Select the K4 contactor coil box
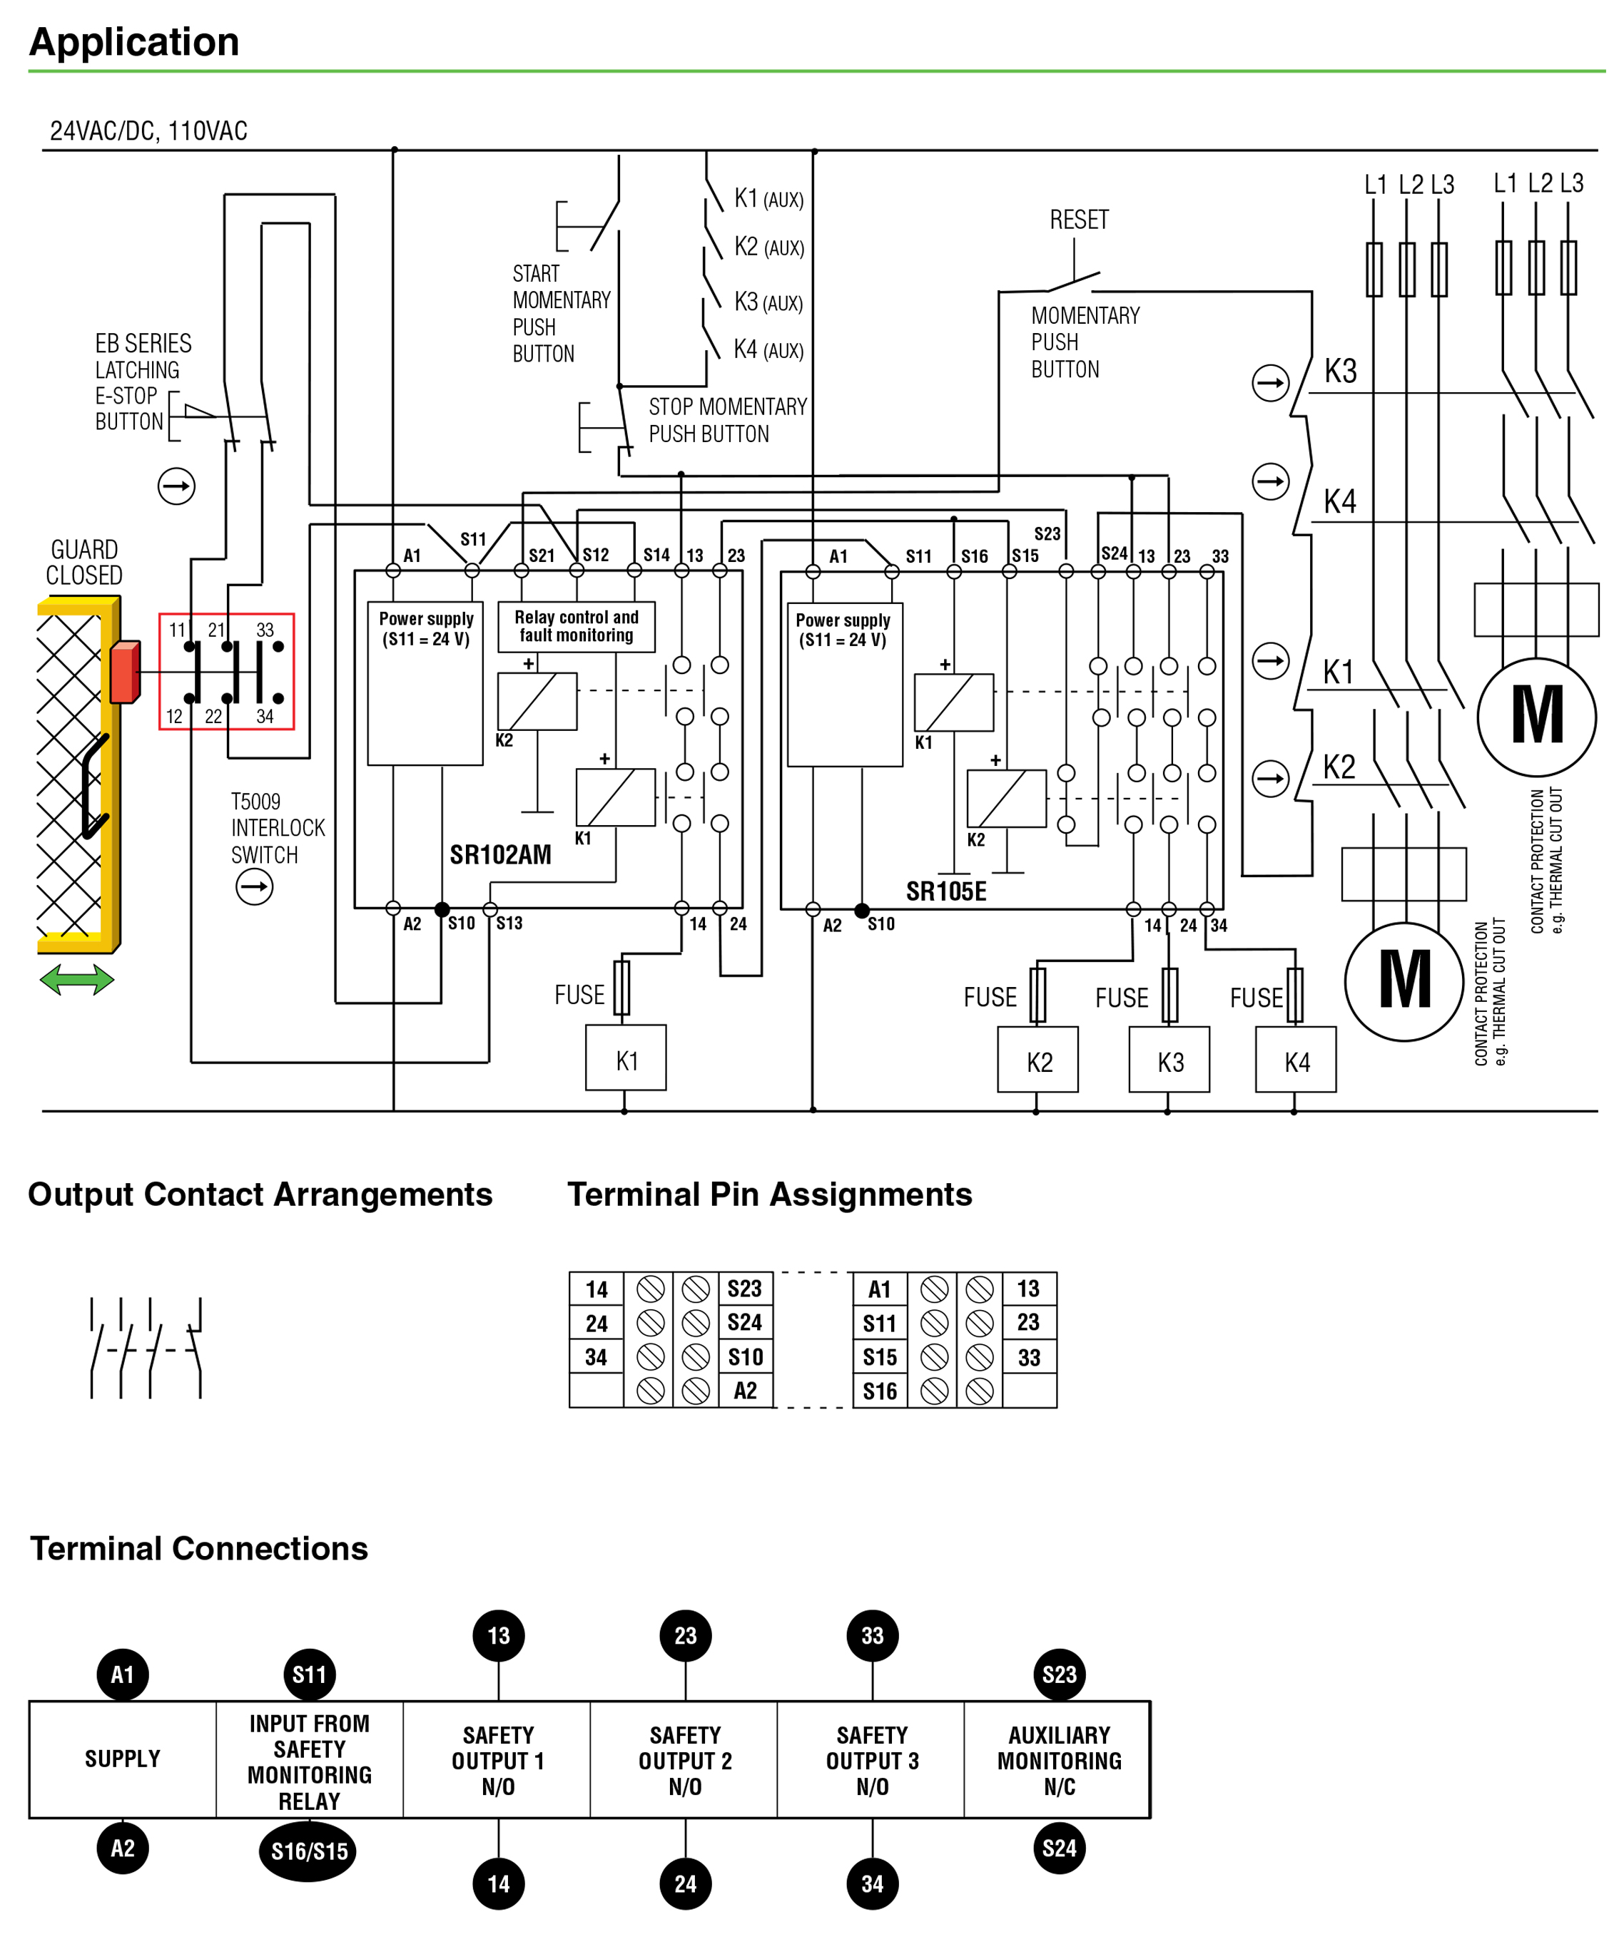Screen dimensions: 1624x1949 click(x=1296, y=1059)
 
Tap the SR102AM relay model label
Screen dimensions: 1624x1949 click(x=500, y=855)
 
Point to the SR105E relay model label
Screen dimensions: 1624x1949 click(x=946, y=892)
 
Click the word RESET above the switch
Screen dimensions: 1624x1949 click(x=1079, y=220)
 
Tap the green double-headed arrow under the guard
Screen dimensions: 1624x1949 click(x=77, y=979)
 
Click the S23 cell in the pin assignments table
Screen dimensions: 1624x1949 click(x=745, y=1288)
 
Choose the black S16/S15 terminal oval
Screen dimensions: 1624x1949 click(x=308, y=1851)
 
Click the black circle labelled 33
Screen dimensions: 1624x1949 click(x=872, y=1635)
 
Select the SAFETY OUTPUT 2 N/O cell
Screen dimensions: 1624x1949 click(x=685, y=1760)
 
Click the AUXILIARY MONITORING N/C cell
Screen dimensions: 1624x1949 click(x=1058, y=1760)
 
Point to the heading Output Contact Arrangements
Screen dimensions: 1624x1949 click(x=260, y=1195)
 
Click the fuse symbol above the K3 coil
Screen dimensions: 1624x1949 click(x=1170, y=995)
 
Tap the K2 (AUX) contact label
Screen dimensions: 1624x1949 click(x=768, y=247)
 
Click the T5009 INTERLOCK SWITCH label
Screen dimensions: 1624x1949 click(x=278, y=828)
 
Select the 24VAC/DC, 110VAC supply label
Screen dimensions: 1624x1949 click(x=148, y=131)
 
